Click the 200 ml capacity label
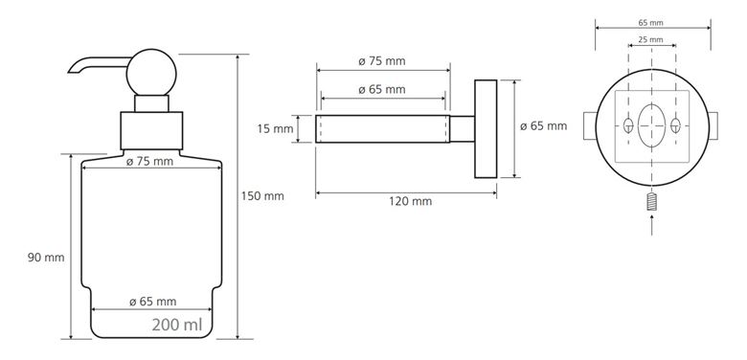tap(177, 325)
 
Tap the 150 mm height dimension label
tap(262, 195)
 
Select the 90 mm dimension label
tap(46, 258)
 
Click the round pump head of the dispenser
tap(151, 73)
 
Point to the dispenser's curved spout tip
tap(72, 71)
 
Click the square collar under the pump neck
tap(151, 130)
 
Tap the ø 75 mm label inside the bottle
tap(149, 162)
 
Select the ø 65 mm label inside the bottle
tap(153, 302)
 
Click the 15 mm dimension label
tap(276, 128)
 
